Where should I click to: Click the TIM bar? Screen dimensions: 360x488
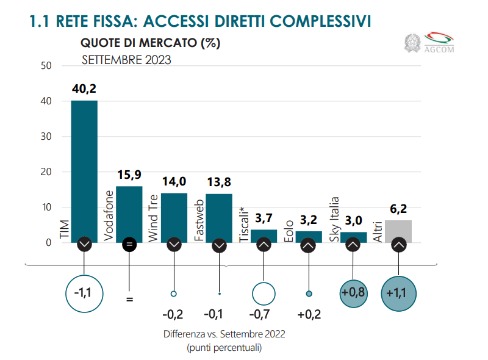(84, 171)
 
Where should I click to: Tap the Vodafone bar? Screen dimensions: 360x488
(129, 214)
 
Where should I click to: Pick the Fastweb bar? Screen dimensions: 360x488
(219, 217)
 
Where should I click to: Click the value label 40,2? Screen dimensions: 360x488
(84, 89)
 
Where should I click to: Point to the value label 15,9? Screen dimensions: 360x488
(129, 175)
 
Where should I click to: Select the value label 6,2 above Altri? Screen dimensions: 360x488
(398, 209)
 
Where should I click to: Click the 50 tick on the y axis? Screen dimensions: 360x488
(46, 65)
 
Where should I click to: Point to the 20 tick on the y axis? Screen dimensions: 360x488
(46, 172)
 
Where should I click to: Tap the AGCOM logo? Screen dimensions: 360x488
(439, 43)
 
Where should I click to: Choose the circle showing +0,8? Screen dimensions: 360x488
(353, 293)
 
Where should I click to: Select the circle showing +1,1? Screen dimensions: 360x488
(398, 293)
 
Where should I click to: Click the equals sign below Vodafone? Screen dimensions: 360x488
(129, 300)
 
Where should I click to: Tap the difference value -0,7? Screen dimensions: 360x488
(264, 315)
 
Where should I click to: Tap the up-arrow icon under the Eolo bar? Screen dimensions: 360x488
(308, 245)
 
